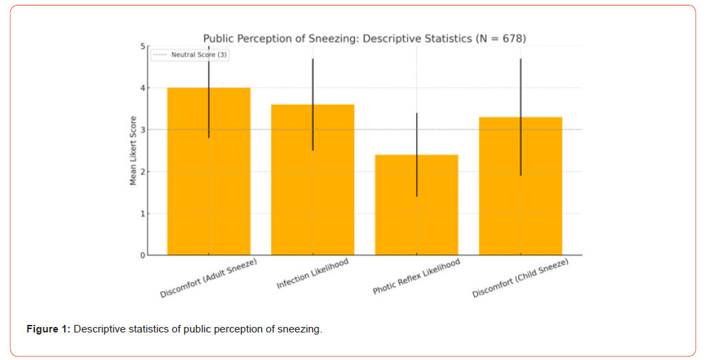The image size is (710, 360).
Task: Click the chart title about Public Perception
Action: coord(365,39)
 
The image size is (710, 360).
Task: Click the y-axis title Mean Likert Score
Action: coord(133,150)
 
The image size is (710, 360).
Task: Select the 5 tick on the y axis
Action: coord(143,46)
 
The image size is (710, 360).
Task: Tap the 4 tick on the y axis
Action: coord(143,88)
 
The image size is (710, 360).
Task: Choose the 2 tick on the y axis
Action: coord(143,171)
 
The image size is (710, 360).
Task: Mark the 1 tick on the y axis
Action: coord(143,213)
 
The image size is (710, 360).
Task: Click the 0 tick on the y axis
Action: coord(143,255)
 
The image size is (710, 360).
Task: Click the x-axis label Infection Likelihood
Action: coord(312,275)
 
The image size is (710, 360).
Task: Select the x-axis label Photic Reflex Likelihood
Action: coord(416,277)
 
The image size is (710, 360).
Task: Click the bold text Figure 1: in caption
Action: coord(48,329)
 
